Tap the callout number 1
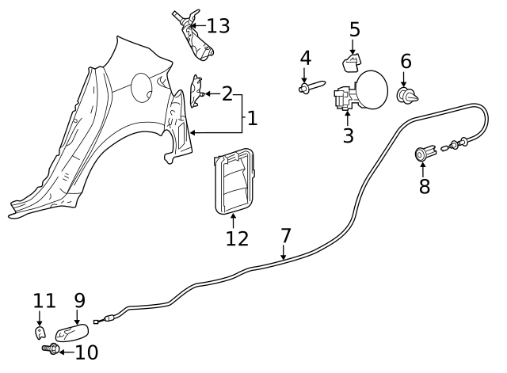click(252, 119)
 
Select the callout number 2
click(227, 94)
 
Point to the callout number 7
click(285, 236)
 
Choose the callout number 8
click(424, 187)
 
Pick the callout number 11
click(44, 301)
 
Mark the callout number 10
click(86, 352)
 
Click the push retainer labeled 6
click(406, 97)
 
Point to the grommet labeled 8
click(424, 153)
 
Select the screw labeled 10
click(51, 348)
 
